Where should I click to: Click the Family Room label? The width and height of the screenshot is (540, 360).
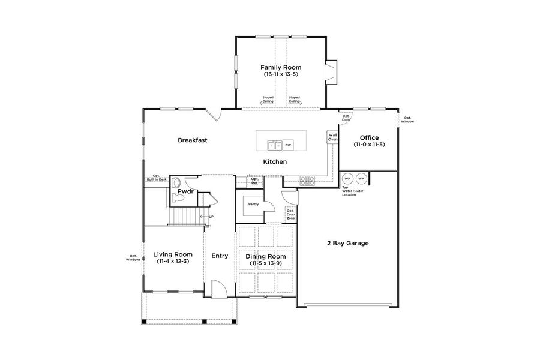click(x=280, y=67)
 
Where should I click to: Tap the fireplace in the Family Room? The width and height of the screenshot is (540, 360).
click(x=330, y=71)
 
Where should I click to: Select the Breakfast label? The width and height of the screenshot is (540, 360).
click(x=193, y=140)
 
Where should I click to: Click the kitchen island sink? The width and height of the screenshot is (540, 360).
click(x=275, y=145)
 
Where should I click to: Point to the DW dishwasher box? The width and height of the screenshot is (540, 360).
click(x=288, y=145)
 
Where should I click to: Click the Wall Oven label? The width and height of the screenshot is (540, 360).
click(x=332, y=137)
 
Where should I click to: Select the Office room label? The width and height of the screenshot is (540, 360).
click(x=369, y=137)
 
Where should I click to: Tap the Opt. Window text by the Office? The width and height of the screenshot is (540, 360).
click(x=407, y=120)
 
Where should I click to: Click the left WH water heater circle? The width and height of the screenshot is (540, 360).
click(x=347, y=178)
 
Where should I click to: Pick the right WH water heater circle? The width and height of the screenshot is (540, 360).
click(x=361, y=178)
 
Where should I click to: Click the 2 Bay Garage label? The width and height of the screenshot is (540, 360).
click(x=347, y=243)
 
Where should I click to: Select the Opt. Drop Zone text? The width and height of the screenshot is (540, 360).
click(x=290, y=214)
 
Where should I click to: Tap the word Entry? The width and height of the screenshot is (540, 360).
click(x=220, y=256)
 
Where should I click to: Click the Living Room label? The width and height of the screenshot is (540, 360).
click(x=173, y=254)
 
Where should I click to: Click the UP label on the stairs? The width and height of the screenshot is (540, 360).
click(x=210, y=217)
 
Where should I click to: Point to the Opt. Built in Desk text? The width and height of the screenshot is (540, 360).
click(x=155, y=178)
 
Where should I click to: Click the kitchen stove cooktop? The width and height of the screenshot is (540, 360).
click(x=307, y=179)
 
